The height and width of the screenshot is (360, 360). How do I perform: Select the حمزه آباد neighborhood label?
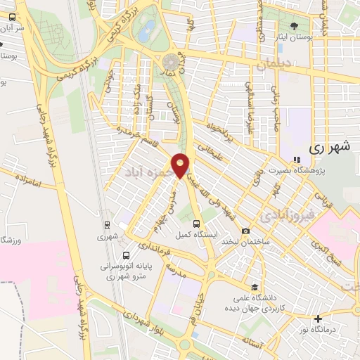(147, 171)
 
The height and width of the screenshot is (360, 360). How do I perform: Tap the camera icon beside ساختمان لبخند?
(245, 231)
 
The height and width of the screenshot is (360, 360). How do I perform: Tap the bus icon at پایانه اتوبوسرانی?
(125, 255)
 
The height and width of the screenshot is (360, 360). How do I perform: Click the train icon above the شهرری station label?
(107, 226)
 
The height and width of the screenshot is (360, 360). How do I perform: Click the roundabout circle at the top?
(171, 62)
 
